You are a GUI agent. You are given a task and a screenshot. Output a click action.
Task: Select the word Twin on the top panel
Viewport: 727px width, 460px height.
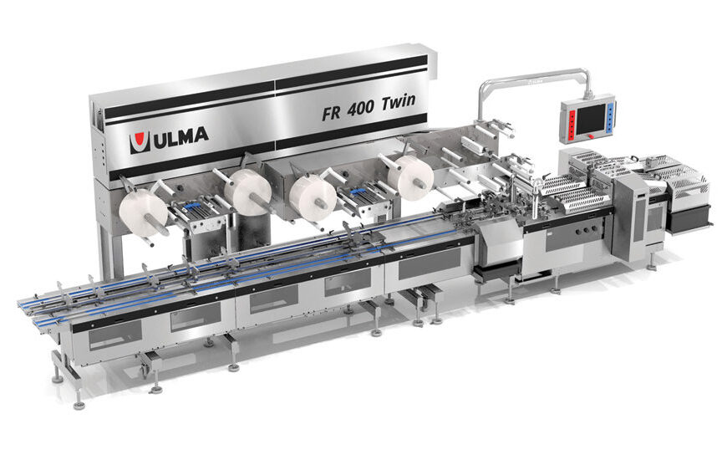point(407,103)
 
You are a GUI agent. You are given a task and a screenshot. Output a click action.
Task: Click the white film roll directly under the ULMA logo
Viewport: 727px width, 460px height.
point(249,192)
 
